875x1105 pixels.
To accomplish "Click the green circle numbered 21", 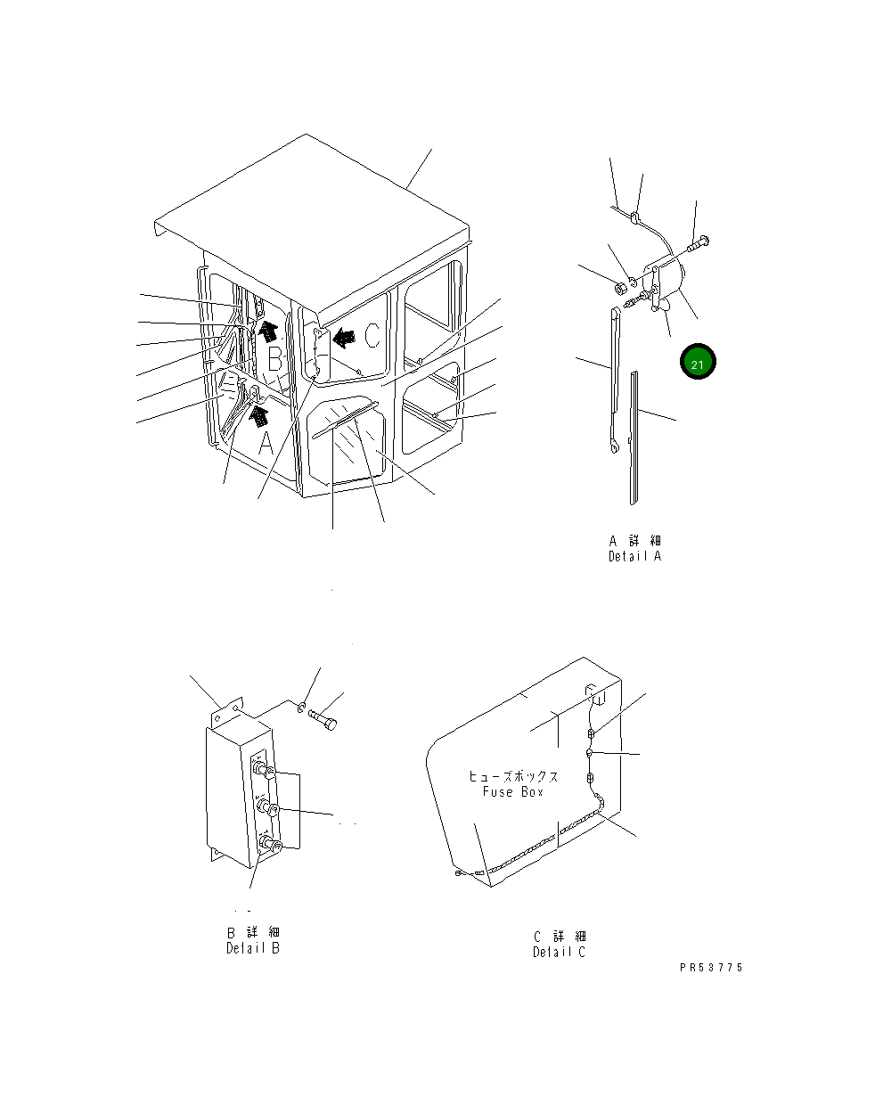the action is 698,362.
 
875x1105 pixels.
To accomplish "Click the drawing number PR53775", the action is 711,968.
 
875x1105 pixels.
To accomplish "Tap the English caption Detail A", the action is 634,556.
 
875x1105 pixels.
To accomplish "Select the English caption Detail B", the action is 253,948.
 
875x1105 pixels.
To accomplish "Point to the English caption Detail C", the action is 559,952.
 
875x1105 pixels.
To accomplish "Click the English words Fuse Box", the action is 512,791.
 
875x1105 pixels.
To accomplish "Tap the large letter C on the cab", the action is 372,335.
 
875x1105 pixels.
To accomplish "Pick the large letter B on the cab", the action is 275,359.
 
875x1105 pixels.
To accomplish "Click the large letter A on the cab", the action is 266,443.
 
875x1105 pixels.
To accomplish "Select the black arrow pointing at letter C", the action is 344,338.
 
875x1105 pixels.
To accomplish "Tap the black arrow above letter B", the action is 268,331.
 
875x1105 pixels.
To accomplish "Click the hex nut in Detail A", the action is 620,288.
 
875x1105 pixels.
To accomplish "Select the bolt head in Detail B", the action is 331,724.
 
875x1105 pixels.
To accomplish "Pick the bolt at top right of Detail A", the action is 698,244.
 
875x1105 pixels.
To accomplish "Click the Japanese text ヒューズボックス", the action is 513,776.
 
